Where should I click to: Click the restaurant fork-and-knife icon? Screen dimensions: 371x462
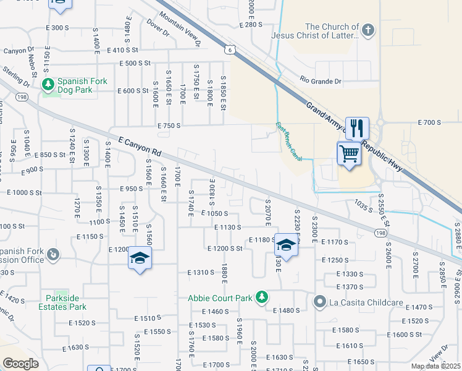[357, 129]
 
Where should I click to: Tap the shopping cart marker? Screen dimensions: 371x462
[349, 153]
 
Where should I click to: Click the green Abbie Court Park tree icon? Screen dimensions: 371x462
[262, 297]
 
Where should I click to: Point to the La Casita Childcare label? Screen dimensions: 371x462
[367, 302]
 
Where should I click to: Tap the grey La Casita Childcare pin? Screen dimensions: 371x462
[319, 302]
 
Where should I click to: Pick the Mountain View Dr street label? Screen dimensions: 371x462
[180, 30]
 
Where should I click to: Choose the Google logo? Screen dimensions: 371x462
[20, 363]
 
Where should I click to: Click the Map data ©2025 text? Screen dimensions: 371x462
[435, 366]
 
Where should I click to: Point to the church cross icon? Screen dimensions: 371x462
[367, 30]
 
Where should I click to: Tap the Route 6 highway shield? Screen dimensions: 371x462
[229, 51]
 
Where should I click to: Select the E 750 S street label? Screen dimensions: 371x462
[169, 126]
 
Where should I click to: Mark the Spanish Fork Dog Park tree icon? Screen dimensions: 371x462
[47, 83]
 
